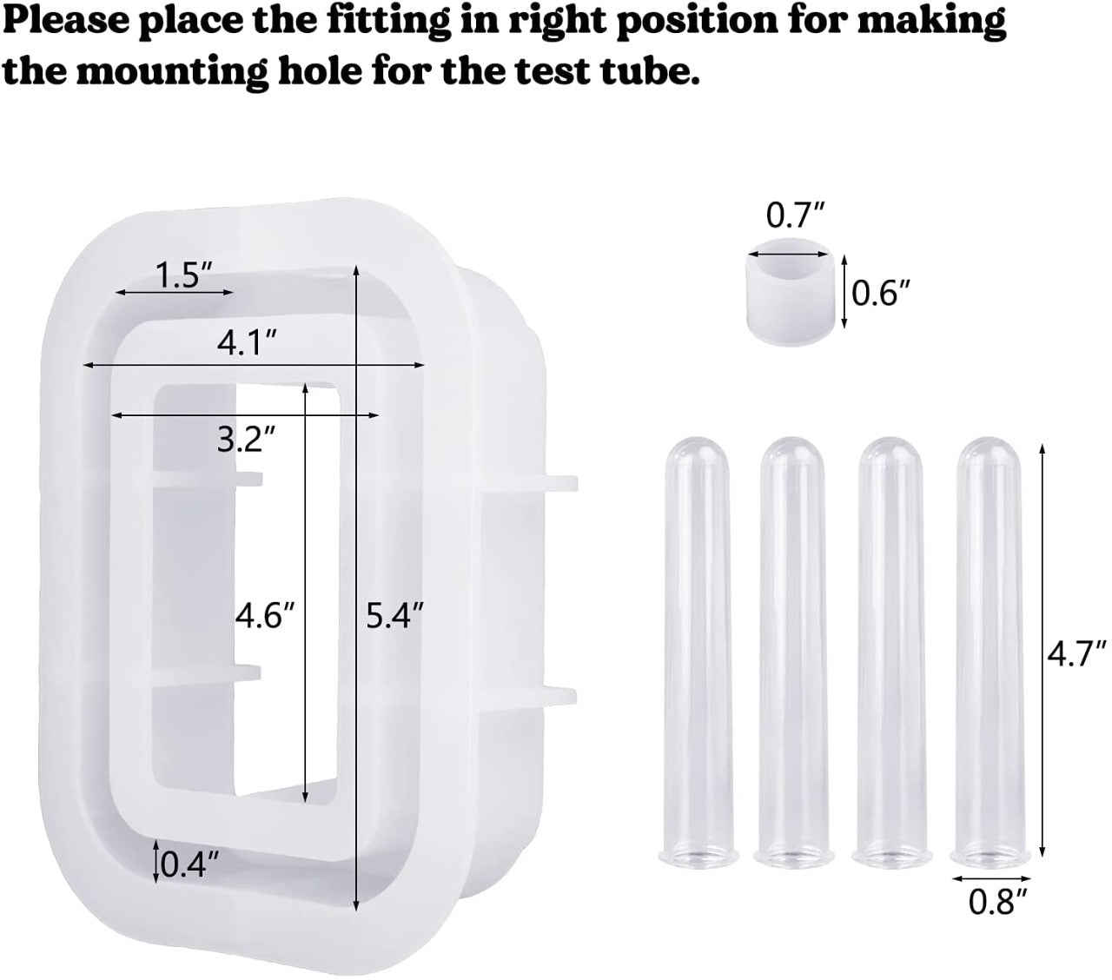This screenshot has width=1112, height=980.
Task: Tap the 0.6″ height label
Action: (881, 295)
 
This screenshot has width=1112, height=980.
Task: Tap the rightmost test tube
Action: (992, 652)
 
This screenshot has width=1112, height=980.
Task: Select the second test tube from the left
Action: (796, 652)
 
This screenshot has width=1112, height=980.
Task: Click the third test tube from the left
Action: (894, 652)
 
